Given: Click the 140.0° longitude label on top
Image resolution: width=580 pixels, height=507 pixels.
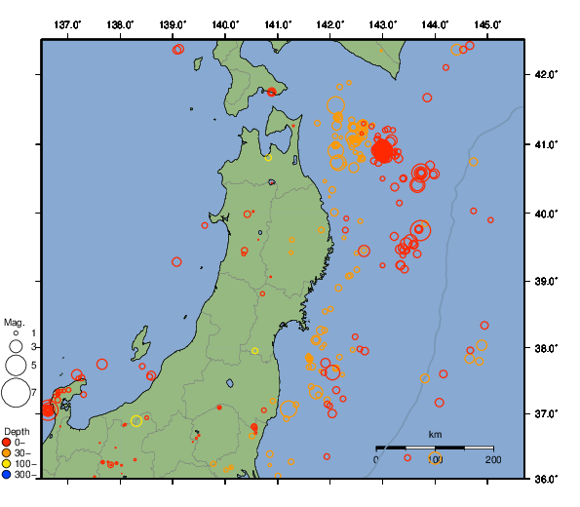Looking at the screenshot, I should coord(225,24).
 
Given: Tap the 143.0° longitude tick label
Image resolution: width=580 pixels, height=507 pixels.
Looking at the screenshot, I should coord(383,24).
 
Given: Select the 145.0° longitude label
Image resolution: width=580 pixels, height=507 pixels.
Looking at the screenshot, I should coord(488,24).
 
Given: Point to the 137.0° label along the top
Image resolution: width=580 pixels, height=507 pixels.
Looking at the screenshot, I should coord(67,24).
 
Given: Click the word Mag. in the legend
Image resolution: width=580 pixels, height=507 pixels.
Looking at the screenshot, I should coord(14,322).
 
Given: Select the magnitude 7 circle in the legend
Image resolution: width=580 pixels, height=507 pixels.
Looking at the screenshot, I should coord(15,393).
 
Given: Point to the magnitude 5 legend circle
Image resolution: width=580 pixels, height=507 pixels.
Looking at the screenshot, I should coord(15,366).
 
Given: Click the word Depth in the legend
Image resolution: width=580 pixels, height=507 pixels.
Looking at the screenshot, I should coord(16,431).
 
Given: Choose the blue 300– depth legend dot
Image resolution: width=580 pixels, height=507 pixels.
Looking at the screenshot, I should coord(7,475).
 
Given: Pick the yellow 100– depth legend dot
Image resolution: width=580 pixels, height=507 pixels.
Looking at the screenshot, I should coord(7,464).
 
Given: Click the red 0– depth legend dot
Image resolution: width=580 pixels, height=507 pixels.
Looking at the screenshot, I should coord(7,443).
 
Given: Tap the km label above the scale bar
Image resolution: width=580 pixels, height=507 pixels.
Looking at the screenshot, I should coord(435,434).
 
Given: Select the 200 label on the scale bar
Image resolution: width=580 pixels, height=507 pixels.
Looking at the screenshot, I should coord(492,459).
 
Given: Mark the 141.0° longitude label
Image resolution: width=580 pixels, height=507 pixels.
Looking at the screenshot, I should coord(278,24).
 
